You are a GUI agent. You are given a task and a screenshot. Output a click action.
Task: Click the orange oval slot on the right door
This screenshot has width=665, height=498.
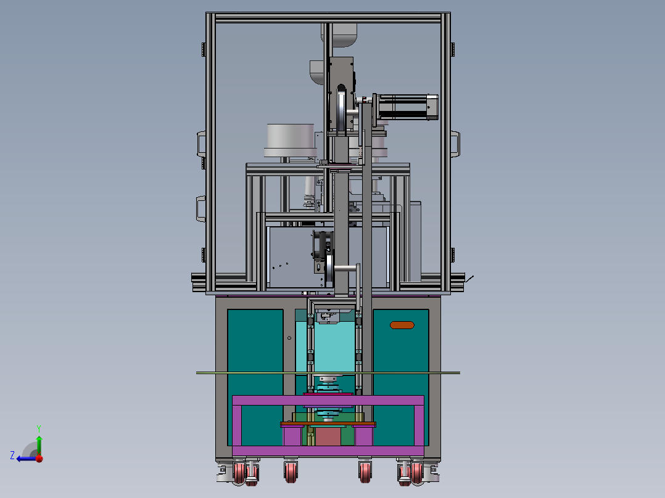(x=402, y=325)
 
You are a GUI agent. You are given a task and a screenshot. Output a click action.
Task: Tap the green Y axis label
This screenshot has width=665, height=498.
(x=38, y=427)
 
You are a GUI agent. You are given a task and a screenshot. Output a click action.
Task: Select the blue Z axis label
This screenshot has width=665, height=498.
(x=12, y=455)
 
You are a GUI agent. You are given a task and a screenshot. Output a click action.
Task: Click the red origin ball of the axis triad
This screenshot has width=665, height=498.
(x=39, y=458)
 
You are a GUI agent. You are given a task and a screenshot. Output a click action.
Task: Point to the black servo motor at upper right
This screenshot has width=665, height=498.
(x=406, y=107)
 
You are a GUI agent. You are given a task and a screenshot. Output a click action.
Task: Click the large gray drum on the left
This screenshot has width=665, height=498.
(x=290, y=140)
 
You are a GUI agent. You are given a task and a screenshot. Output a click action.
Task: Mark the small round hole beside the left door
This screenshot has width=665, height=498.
(x=289, y=338)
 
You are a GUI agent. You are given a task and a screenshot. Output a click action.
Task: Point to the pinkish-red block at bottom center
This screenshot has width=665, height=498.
(x=328, y=437)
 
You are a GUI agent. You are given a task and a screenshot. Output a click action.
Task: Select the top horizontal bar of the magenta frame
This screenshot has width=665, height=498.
(x=328, y=401)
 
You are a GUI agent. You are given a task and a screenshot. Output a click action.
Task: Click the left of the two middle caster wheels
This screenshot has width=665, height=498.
(x=291, y=472)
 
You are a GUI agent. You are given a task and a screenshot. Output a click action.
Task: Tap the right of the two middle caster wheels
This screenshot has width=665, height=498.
(x=365, y=472)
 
